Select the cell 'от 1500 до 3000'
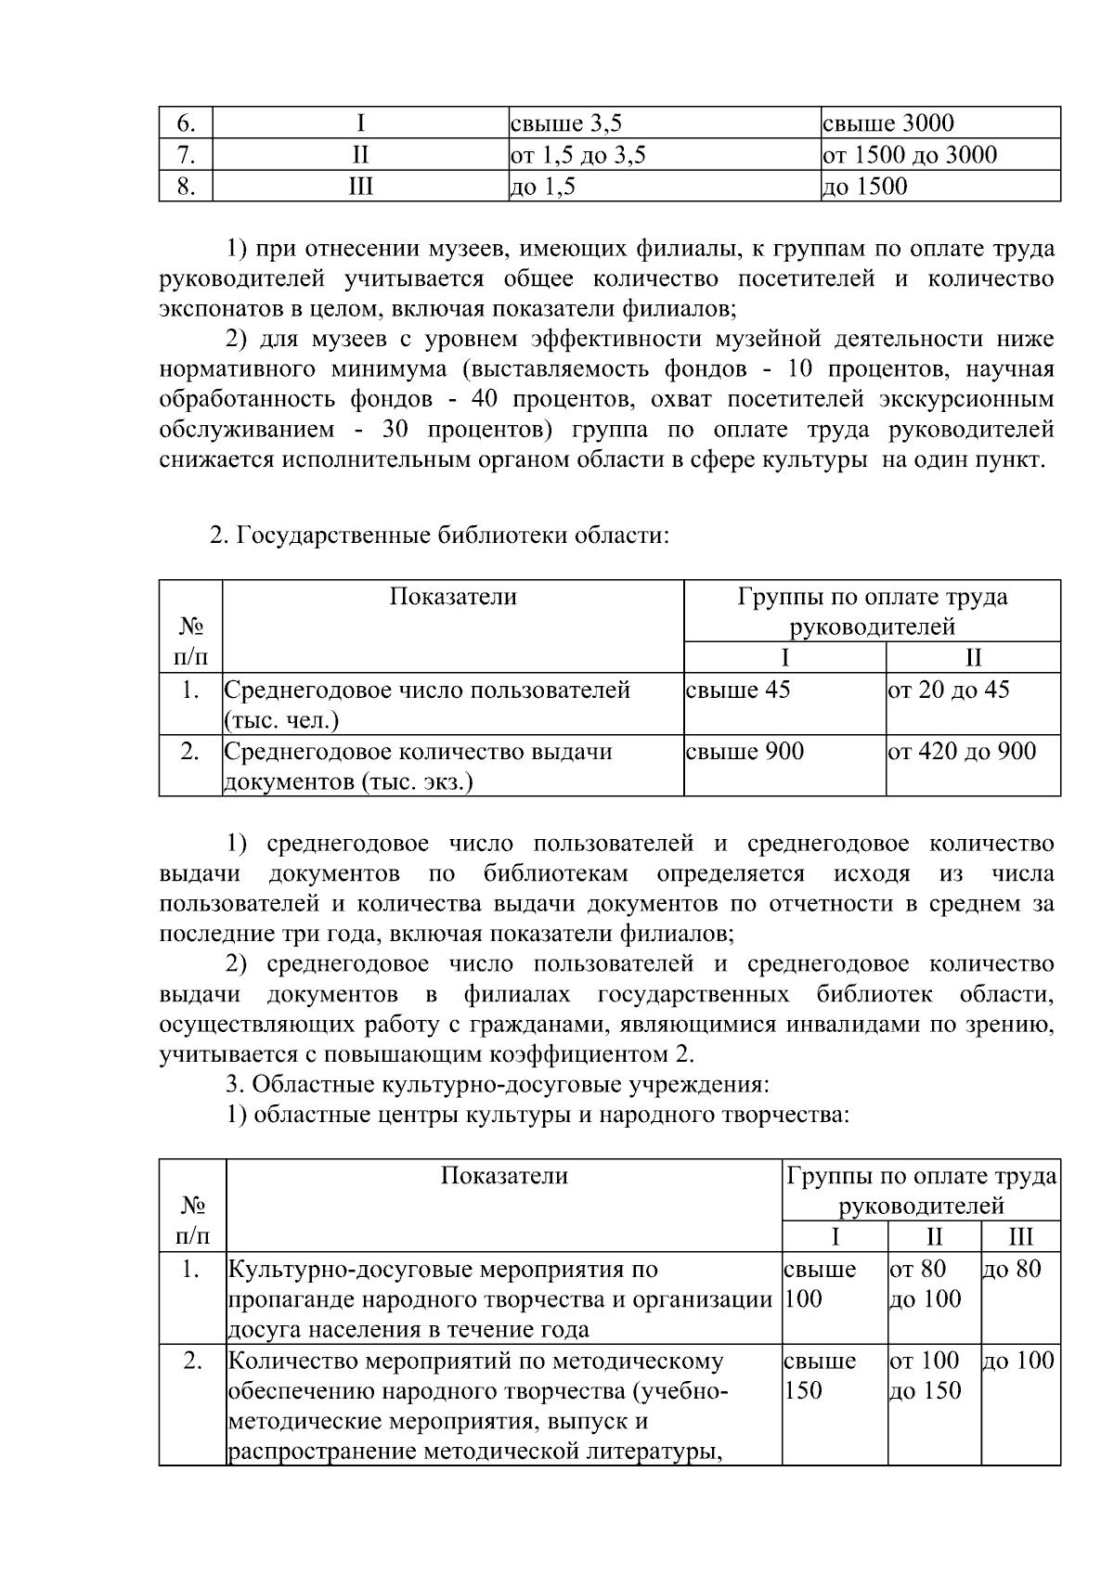pyautogui.click(x=910, y=155)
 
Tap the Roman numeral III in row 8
pyautogui.click(x=360, y=187)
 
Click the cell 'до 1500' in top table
pyautogui.click(x=865, y=187)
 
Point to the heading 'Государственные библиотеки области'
pyautogui.click(x=439, y=536)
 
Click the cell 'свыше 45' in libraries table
pyautogui.click(x=738, y=690)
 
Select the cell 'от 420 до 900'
pyautogui.click(x=962, y=751)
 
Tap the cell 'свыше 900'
pyautogui.click(x=745, y=751)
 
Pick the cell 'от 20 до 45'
pyautogui.click(x=949, y=690)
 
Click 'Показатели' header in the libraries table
pyautogui.click(x=453, y=597)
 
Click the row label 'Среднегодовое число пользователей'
pyautogui.click(x=428, y=690)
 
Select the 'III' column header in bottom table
pyautogui.click(x=1020, y=1237)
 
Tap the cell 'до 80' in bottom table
pyautogui.click(x=1012, y=1269)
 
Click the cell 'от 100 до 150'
pyautogui.click(x=926, y=1375)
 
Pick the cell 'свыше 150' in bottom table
pyautogui.click(x=821, y=1375)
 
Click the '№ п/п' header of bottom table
pyautogui.click(x=192, y=1220)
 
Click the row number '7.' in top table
pyautogui.click(x=186, y=155)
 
